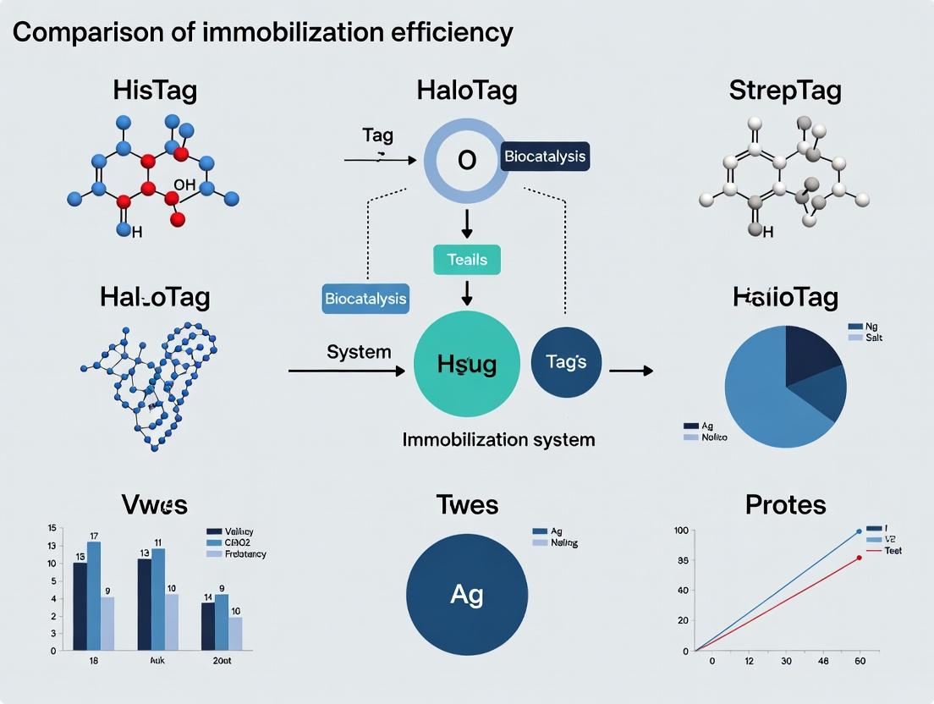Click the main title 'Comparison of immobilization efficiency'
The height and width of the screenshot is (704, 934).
(262, 33)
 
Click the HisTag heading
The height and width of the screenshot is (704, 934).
(155, 91)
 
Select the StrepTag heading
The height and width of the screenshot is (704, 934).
(785, 91)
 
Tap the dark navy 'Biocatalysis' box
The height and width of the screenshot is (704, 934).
(544, 157)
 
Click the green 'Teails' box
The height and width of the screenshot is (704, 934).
(466, 259)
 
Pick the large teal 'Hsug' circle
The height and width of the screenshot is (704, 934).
(467, 364)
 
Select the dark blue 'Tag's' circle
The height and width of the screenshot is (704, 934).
(565, 362)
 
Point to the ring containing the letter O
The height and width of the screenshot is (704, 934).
(466, 159)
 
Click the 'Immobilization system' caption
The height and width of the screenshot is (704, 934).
(498, 440)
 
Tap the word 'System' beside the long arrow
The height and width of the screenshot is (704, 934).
(359, 351)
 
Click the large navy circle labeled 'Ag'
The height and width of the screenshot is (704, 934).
(467, 594)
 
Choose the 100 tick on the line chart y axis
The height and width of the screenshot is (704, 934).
(680, 531)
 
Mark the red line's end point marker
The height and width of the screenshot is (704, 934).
(860, 557)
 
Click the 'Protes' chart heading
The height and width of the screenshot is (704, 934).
(785, 505)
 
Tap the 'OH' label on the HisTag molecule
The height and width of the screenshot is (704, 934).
(184, 184)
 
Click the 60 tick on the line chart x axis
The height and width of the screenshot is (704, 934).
(860, 661)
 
